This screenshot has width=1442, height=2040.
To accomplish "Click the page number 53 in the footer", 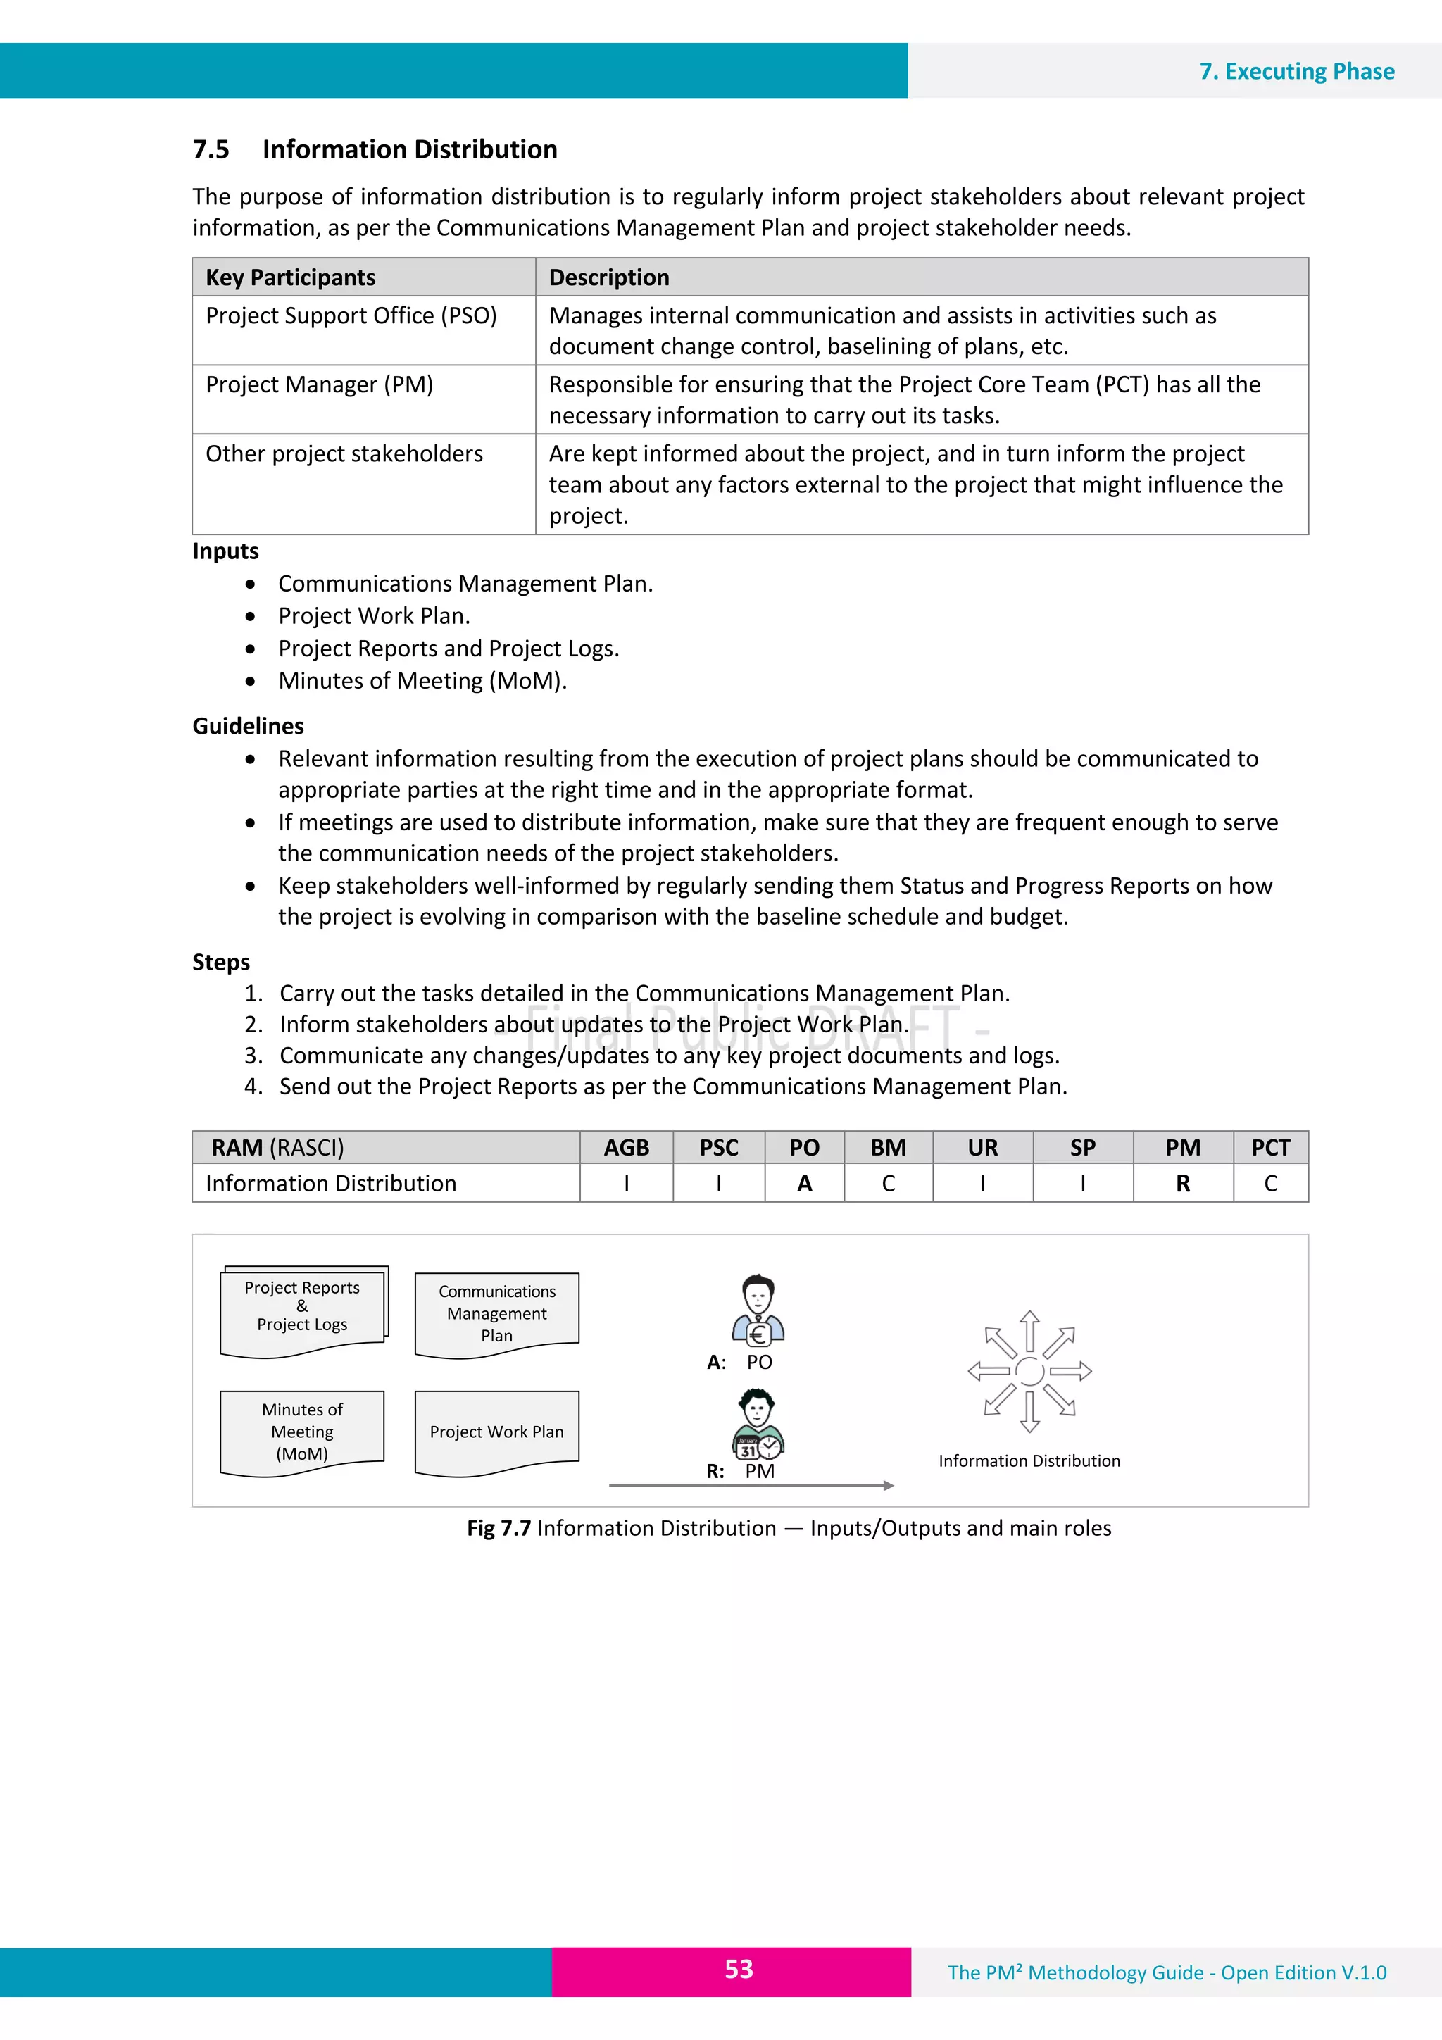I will pos(739,1969).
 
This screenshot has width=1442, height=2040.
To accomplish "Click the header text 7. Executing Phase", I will pos(1296,71).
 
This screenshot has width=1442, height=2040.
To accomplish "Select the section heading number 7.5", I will pos(211,149).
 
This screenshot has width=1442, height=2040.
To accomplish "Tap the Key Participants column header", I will pos(291,277).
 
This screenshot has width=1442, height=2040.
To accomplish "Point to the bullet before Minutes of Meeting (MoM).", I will pos(251,682).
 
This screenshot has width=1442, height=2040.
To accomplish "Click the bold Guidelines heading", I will pos(248,726).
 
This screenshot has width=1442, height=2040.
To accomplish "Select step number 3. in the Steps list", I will pos(254,1056).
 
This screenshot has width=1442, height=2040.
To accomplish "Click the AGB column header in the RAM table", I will pos(627,1148).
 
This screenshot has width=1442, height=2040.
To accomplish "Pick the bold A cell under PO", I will pos(804,1184).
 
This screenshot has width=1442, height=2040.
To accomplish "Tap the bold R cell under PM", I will pos(1183,1184).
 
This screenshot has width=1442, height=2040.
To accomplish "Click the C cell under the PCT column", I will pos(1270,1184).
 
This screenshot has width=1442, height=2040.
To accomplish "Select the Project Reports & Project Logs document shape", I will pos(302,1310).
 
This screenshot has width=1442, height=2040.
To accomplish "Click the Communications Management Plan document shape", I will pos(496,1313).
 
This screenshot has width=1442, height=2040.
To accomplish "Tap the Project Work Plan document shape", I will pos(496,1432).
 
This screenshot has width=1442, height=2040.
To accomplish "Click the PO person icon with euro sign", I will pos(758,1310).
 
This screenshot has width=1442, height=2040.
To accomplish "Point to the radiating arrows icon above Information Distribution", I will pos(1029,1371).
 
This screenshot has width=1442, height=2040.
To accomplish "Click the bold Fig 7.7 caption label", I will pos(499,1528).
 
